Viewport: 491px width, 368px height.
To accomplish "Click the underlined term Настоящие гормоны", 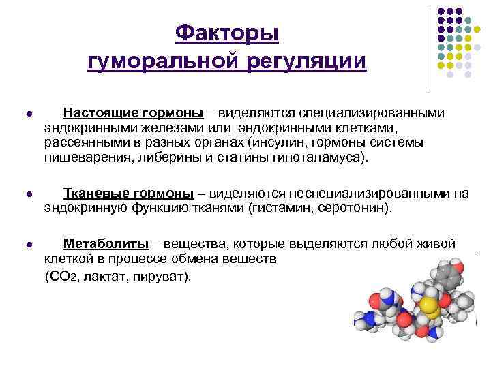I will pyautogui.click(x=133, y=113).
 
